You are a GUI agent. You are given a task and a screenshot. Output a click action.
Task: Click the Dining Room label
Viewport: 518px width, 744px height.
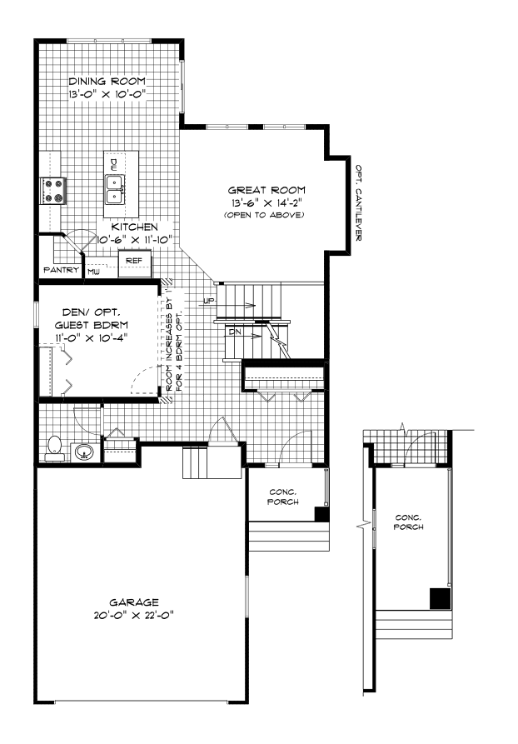[x=107, y=81]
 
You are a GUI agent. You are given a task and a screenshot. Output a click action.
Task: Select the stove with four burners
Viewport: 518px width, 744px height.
[x=52, y=190]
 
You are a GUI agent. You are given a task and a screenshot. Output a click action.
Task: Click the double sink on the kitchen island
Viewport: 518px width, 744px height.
[x=115, y=189]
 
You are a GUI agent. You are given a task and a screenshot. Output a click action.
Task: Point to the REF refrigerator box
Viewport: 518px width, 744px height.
[x=134, y=264]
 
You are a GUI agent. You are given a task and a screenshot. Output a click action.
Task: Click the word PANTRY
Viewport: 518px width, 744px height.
[x=61, y=269]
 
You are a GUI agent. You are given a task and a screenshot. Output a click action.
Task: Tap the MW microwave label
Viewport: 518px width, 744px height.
[x=93, y=272]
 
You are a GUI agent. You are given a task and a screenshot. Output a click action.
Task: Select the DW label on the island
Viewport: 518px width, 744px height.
[x=114, y=165]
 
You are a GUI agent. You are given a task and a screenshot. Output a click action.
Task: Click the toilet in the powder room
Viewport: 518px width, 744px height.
[x=55, y=449]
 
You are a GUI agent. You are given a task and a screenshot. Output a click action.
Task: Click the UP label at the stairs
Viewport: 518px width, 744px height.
[x=209, y=301]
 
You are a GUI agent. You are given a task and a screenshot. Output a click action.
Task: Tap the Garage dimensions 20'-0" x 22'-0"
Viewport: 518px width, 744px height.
[x=134, y=616]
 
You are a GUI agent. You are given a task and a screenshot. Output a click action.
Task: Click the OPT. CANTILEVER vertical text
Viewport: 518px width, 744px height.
[x=359, y=202]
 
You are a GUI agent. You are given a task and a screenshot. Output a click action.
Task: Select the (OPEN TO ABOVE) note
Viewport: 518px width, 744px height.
[x=264, y=215]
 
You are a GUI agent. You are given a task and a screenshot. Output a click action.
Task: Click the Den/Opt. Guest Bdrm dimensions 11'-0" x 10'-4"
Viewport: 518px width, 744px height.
[x=91, y=337]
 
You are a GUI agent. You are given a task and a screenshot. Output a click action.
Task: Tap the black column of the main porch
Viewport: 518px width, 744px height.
[x=322, y=514]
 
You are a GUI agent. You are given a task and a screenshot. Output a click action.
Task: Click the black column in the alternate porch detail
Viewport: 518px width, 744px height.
[x=441, y=598]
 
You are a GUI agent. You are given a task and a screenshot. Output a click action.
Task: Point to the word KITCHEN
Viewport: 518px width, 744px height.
[x=135, y=227]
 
